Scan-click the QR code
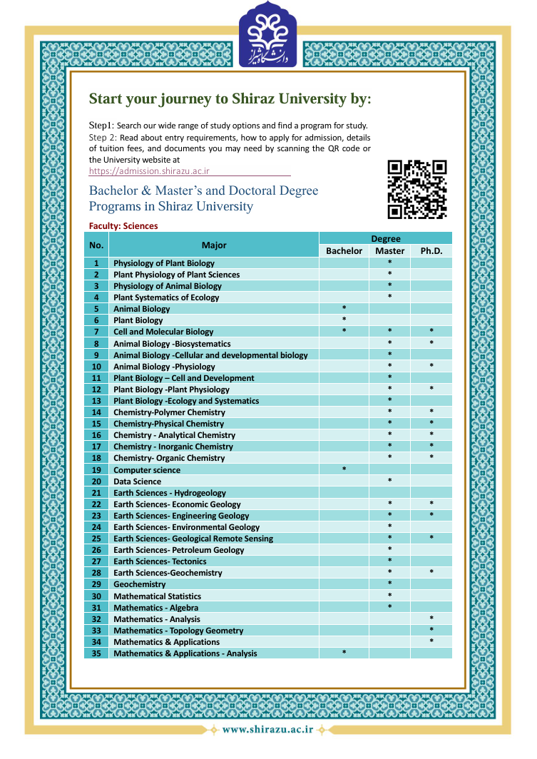pyautogui.click(x=417, y=189)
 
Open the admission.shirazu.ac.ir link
pyautogui.click(x=149, y=172)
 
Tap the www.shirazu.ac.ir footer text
pyautogui.click(x=267, y=729)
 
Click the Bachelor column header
pyautogui.click(x=344, y=251)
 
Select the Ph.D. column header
pyautogui.click(x=431, y=251)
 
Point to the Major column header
pyautogui.click(x=214, y=245)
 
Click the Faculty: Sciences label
pyautogui.click(x=123, y=226)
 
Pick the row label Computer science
pyautogui.click(x=147, y=470)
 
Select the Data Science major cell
pyautogui.click(x=138, y=482)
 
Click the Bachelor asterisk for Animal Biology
pyautogui.click(x=344, y=308)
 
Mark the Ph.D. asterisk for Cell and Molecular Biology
pyautogui.click(x=431, y=331)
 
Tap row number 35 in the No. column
pyautogui.click(x=96, y=653)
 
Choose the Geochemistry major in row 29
pyautogui.click(x=140, y=584)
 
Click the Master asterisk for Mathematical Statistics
pyautogui.click(x=389, y=596)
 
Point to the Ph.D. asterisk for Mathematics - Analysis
pyautogui.click(x=431, y=618)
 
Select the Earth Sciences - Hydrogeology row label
pyautogui.click(x=170, y=493)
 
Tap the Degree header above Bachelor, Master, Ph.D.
pyautogui.click(x=386, y=239)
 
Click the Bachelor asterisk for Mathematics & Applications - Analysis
pyautogui.click(x=344, y=653)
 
